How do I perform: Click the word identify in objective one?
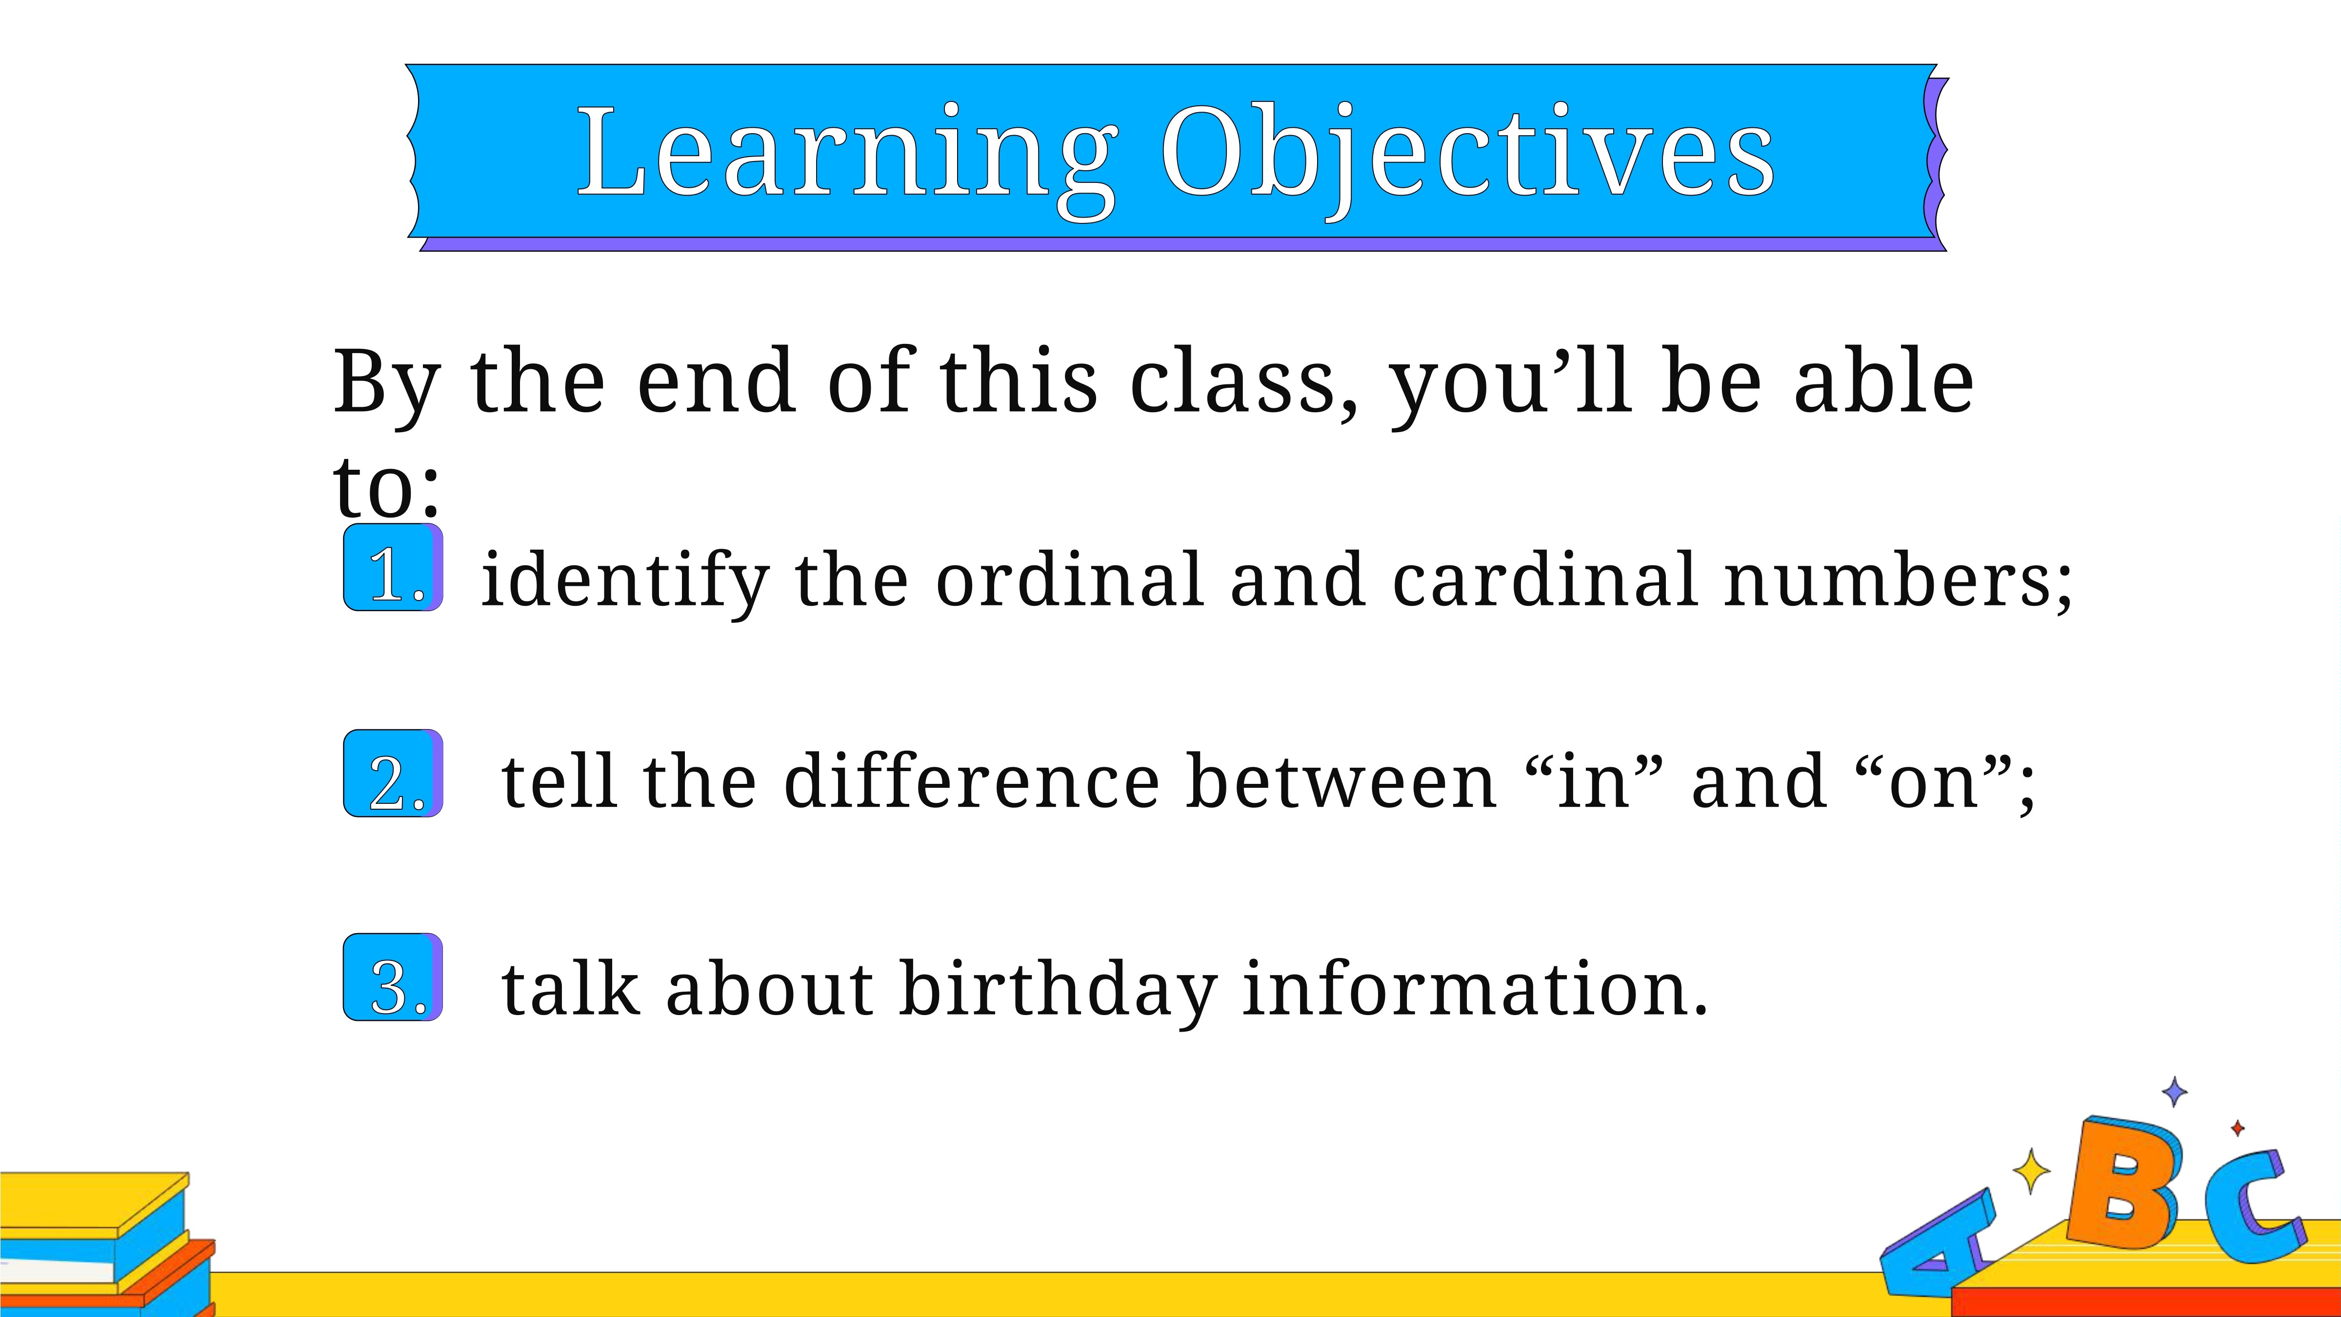tap(625, 582)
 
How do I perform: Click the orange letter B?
tap(2124, 1184)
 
